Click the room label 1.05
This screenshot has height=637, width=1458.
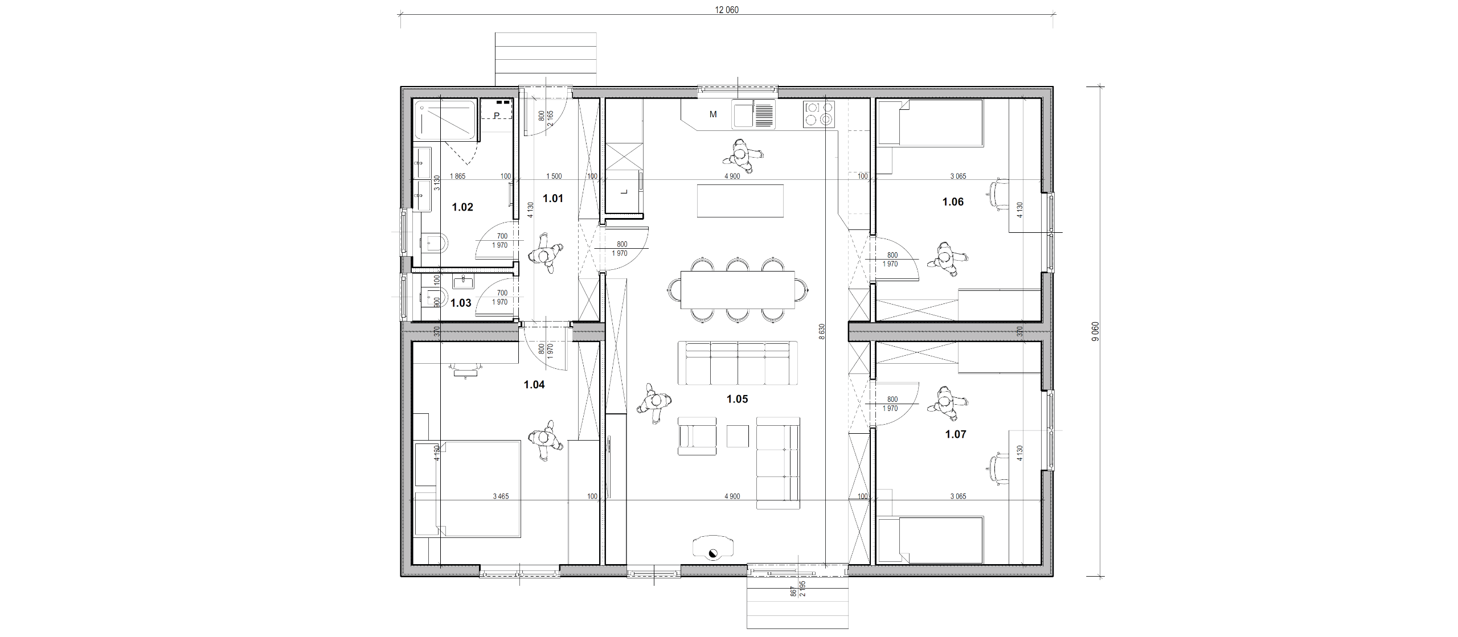[x=737, y=399]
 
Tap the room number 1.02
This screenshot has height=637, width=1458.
[x=462, y=207]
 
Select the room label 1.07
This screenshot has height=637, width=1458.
[x=956, y=434]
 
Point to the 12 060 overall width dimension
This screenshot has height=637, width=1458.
[x=727, y=10]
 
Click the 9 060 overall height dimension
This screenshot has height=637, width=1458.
[x=1095, y=331]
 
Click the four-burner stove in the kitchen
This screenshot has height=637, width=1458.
[x=819, y=114]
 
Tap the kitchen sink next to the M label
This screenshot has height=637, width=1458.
[x=754, y=114]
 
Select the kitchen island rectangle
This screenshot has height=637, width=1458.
[x=740, y=200]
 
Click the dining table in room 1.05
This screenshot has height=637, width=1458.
[x=738, y=289]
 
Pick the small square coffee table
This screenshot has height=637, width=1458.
[x=738, y=436]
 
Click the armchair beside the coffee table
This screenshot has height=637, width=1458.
[x=697, y=436]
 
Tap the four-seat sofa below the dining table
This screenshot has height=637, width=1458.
[x=738, y=363]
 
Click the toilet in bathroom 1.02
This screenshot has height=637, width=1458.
[x=435, y=244]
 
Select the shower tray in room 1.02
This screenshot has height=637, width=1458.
[x=445, y=120]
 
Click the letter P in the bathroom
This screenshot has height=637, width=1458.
[x=497, y=116]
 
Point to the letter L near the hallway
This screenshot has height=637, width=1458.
[x=624, y=192]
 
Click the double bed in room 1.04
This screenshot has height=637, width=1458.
[x=467, y=488]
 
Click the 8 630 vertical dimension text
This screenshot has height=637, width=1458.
[x=822, y=332]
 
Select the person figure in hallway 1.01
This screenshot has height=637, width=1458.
[x=546, y=253]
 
